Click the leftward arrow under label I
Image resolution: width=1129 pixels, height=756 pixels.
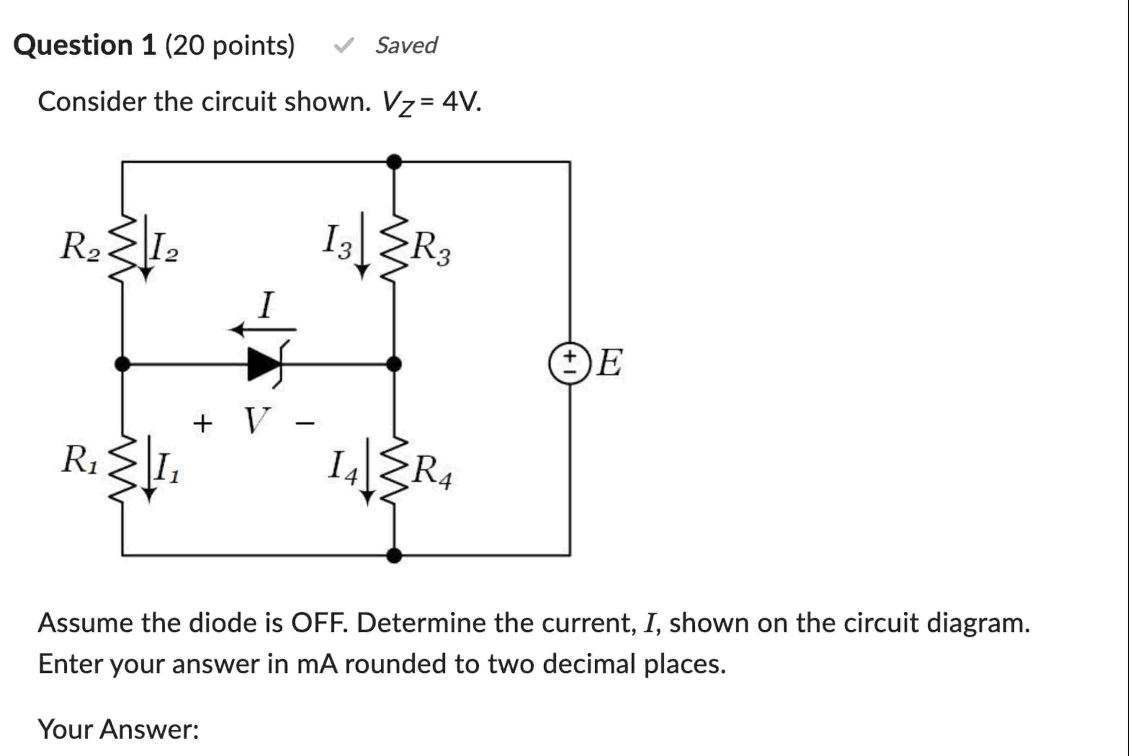pyautogui.click(x=263, y=330)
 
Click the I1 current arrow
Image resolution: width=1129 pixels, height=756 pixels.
pyautogui.click(x=149, y=469)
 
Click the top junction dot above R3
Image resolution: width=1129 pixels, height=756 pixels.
pyautogui.click(x=394, y=162)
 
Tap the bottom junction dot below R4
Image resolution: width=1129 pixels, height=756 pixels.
pyautogui.click(x=394, y=555)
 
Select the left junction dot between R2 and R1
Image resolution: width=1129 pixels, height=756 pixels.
pyautogui.click(x=122, y=364)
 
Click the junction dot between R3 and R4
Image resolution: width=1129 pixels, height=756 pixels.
pyautogui.click(x=394, y=364)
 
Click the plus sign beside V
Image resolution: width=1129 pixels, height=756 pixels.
pyautogui.click(x=202, y=424)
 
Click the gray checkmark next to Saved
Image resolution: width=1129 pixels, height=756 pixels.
pyautogui.click(x=344, y=45)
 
